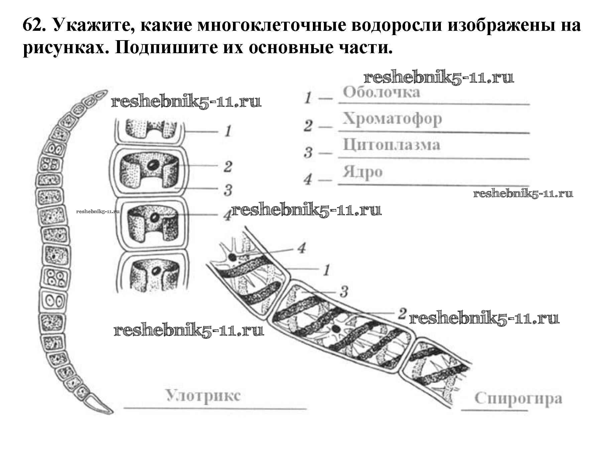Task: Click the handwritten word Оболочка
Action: coord(381,92)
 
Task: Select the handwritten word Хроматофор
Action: coord(392,119)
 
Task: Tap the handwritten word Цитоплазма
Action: coord(391,145)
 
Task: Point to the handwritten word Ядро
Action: coord(362,172)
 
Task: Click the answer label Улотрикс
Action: coord(203,396)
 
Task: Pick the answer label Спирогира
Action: coord(518,399)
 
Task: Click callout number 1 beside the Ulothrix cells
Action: coord(228,131)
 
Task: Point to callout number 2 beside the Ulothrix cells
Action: coord(228,166)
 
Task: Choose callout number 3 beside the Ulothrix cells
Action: coord(228,190)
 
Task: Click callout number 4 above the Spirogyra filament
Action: coord(301,248)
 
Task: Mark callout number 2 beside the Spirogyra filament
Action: coord(402,313)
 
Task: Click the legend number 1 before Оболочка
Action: coord(308,98)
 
